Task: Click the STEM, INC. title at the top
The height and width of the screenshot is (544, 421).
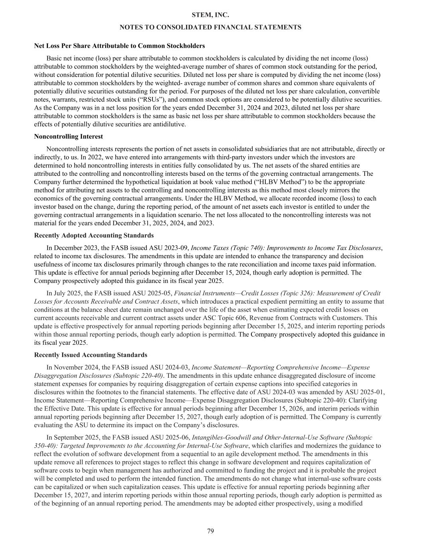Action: (210, 15)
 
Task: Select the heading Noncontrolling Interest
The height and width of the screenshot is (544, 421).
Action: (68, 136)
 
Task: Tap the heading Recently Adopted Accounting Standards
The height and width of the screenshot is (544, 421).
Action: (94, 235)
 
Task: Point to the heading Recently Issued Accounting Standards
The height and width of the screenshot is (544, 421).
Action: (91, 355)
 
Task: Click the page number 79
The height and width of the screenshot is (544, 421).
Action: (210, 531)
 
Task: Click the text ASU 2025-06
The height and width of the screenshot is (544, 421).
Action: (173, 437)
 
